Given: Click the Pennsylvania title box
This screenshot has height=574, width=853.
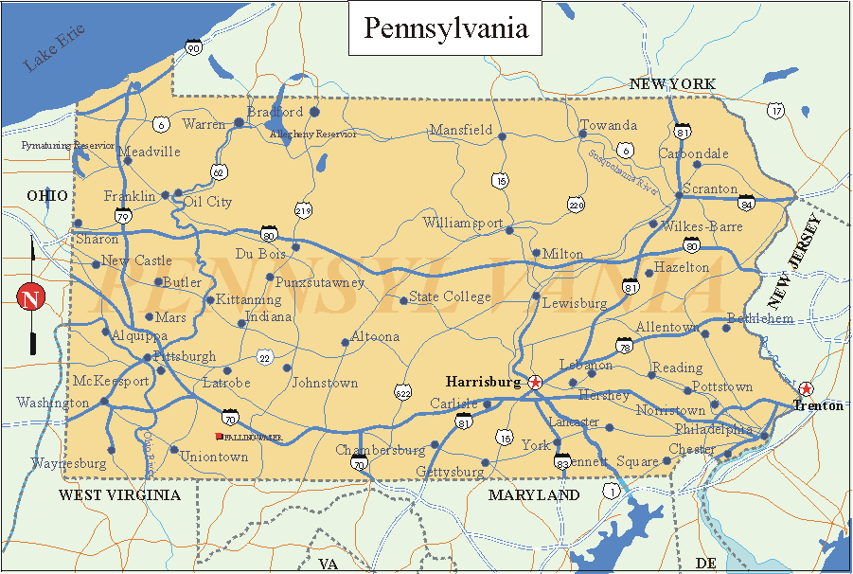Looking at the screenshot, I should (x=446, y=28).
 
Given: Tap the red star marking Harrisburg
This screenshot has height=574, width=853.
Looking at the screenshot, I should (x=536, y=382).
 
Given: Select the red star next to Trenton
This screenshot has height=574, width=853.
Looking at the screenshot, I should (x=806, y=388).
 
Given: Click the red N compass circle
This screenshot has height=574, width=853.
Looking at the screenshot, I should (x=31, y=297).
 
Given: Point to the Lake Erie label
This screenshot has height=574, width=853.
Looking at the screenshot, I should (x=54, y=47).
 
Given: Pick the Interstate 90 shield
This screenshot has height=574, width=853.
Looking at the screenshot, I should (x=193, y=47).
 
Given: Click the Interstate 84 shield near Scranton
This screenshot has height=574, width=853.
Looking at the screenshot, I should (x=747, y=201).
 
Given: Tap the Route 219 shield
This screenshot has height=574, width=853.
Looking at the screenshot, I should (x=303, y=210).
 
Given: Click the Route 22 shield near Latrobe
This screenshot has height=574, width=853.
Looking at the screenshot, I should (x=264, y=357).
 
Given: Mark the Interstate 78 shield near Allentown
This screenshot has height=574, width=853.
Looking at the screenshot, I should (x=624, y=348).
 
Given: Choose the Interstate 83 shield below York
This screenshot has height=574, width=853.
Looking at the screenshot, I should (x=562, y=461).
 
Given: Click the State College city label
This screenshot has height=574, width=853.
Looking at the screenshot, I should (x=450, y=297).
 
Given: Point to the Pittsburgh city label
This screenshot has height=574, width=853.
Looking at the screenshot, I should (x=185, y=357).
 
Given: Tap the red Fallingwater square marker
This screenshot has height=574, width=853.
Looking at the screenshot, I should (x=220, y=436).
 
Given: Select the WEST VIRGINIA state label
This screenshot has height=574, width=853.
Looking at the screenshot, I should (x=119, y=494).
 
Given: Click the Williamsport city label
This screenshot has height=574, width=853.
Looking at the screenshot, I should (x=463, y=224).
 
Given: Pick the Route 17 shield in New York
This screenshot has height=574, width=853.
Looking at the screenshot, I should (x=776, y=111).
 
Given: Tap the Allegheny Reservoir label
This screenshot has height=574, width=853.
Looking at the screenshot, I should (x=313, y=135).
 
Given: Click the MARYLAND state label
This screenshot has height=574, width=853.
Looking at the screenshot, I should (x=534, y=494).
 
